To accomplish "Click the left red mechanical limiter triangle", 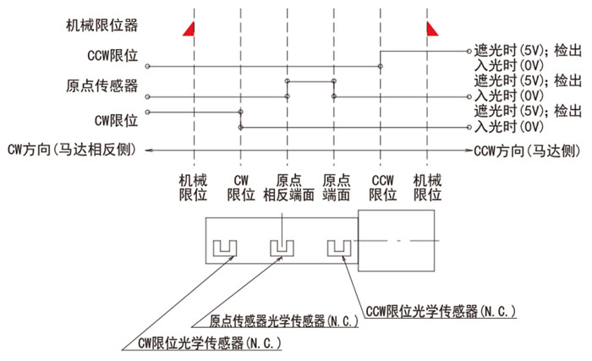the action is click(x=190, y=30).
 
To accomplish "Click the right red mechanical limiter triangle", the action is click(x=431, y=30).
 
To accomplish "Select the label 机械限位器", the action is click(x=102, y=25).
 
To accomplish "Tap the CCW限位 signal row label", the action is click(x=112, y=56).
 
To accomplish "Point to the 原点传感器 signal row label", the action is click(x=102, y=86).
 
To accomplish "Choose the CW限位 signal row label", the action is click(x=116, y=121).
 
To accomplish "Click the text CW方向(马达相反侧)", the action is click(x=72, y=150).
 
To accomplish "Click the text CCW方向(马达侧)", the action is click(x=527, y=150).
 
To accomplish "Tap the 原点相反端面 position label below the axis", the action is click(x=289, y=188).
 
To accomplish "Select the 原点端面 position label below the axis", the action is click(x=336, y=188).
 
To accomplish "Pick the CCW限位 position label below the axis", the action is click(x=383, y=188).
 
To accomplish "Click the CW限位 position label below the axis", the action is click(x=241, y=188).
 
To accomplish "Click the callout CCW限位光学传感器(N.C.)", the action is click(x=441, y=311).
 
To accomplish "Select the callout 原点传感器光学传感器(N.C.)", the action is click(x=283, y=321).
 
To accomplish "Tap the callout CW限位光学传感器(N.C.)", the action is click(x=210, y=343).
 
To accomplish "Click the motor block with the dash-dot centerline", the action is click(x=396, y=241).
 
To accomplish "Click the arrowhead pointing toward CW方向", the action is click(x=149, y=150).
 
